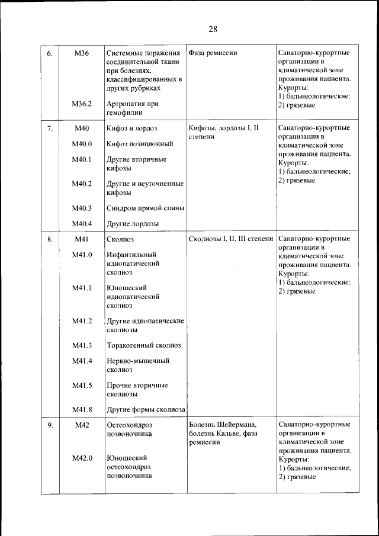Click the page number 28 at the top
point(214,30)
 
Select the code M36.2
point(82,104)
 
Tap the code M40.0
point(82,143)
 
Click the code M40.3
point(82,208)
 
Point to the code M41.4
point(82,361)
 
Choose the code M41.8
point(82,409)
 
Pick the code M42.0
point(82,458)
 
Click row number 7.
point(50,128)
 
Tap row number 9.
point(50,425)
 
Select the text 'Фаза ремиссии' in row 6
point(213,53)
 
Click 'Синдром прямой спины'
point(145,208)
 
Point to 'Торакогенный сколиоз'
point(143,345)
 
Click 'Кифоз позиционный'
point(140,143)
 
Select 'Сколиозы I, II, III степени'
point(231,240)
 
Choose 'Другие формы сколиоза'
point(146,409)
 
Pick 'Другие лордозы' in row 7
point(132,224)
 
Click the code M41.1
point(82,288)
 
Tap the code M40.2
point(82,184)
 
